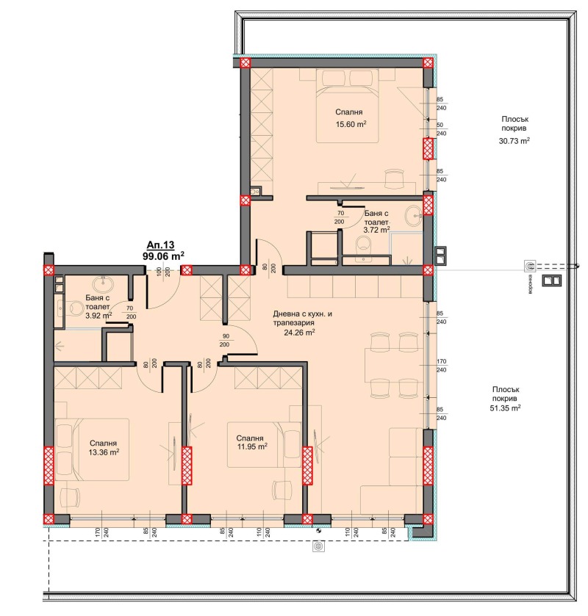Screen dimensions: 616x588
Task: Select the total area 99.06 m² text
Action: tap(163, 256)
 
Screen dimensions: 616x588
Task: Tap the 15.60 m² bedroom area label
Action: tap(351, 125)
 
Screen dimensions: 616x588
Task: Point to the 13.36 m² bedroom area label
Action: tap(104, 453)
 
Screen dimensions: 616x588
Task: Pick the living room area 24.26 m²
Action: tap(299, 332)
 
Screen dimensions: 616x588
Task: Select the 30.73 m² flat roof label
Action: tap(515, 141)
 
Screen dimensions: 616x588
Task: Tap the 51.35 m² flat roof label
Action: tap(505, 407)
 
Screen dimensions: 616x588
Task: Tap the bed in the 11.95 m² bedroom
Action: tap(254, 444)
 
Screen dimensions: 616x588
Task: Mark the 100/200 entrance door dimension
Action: tap(162, 271)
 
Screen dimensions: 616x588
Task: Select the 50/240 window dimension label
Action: tap(441, 130)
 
